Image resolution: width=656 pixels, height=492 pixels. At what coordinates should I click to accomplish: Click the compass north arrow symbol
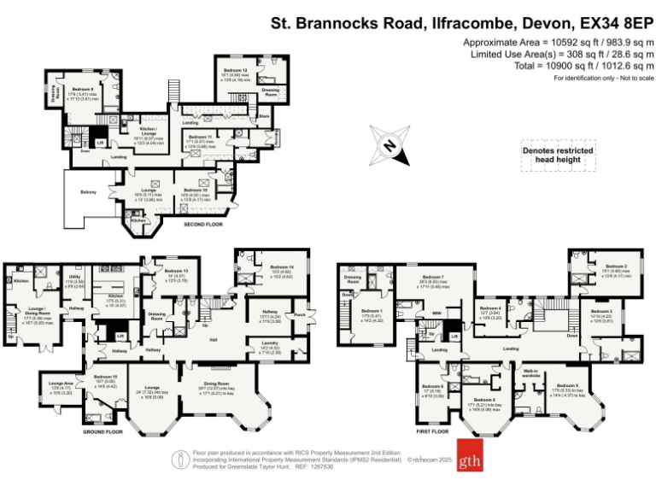click(389, 146)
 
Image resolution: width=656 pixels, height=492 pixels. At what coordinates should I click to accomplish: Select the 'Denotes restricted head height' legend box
click(558, 155)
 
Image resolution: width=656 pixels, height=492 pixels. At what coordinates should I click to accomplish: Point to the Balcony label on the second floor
click(89, 191)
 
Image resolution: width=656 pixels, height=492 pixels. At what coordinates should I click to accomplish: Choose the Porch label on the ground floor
click(299, 313)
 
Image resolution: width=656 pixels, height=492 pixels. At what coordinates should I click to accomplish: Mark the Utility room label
click(75, 277)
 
